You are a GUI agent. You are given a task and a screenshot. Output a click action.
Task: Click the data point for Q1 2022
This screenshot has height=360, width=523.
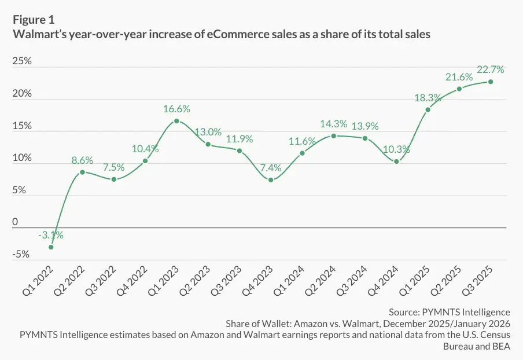(x=51, y=247)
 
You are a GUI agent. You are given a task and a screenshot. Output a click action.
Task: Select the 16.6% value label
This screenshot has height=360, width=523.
(x=176, y=108)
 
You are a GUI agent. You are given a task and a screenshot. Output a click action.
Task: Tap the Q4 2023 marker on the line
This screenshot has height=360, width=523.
(x=271, y=180)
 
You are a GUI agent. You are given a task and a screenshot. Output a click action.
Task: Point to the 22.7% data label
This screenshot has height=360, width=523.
(x=491, y=69)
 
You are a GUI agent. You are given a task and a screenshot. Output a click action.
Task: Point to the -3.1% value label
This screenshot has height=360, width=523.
(x=51, y=235)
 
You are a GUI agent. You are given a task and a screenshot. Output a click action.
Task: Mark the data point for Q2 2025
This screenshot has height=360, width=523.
(x=459, y=89)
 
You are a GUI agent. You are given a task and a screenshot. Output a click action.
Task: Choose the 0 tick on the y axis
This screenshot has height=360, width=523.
(x=15, y=222)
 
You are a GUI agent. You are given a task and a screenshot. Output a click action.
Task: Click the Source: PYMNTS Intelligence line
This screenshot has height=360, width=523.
(x=450, y=312)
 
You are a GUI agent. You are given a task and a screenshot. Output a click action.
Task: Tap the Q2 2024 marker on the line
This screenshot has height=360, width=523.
(x=333, y=136)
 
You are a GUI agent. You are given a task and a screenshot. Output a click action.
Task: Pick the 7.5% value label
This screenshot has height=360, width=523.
(x=114, y=167)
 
